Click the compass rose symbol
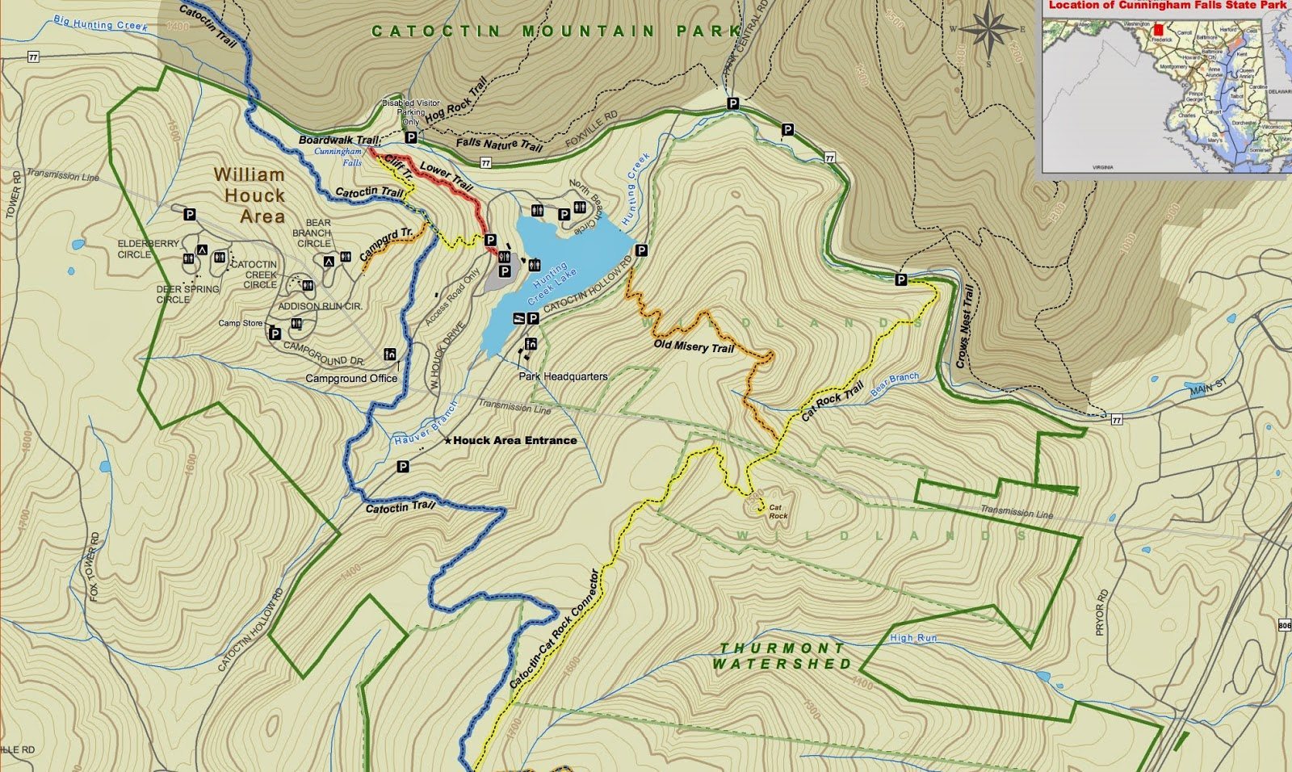989,32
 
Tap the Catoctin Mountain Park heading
556,31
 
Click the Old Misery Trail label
694,346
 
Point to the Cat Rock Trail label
833,401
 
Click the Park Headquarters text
563,376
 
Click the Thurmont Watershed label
782,656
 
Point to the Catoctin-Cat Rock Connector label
555,630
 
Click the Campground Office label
351,378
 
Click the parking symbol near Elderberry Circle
190,215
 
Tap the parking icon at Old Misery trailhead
642,250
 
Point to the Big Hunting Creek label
101,25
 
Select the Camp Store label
241,323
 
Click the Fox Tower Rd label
95,566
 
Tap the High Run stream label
913,638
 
